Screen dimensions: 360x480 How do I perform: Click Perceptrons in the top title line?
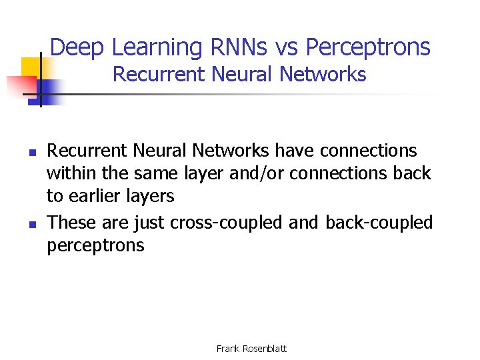pos(368,47)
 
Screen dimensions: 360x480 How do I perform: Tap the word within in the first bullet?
pos(68,173)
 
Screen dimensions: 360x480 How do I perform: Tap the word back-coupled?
pos(379,221)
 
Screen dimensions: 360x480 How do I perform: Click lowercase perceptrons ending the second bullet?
pos(95,245)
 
